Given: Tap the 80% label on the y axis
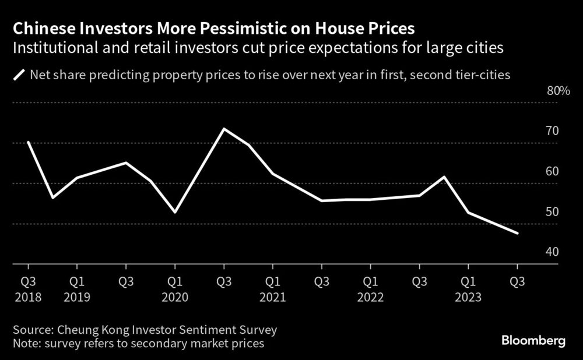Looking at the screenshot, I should point(557,91).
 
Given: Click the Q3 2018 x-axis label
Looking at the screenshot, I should point(27,290).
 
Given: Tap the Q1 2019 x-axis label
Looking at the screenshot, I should point(76,290).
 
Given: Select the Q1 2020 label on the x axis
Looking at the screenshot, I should point(174,290).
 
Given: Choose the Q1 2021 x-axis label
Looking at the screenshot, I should point(272,290).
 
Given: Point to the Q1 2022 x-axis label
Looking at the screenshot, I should point(370,290).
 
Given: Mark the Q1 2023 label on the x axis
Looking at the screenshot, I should point(468,290).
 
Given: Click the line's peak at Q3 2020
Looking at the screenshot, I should point(224,129).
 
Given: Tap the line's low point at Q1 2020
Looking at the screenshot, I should point(175,212).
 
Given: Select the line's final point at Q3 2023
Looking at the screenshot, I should point(517,234).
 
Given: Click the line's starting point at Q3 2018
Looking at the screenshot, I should point(28,142).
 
